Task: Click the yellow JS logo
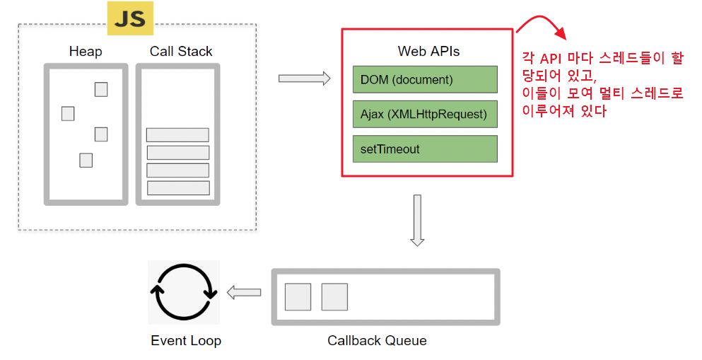click(130, 18)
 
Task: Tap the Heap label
click(86, 52)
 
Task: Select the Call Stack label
click(181, 52)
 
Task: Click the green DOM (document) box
click(425, 79)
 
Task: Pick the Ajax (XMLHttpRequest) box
click(425, 114)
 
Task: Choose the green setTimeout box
click(425, 149)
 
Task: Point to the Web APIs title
click(428, 52)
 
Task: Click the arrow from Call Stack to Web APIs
click(305, 78)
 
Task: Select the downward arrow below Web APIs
click(417, 220)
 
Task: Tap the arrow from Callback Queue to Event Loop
click(243, 292)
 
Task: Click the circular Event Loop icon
click(184, 292)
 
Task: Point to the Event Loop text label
click(186, 341)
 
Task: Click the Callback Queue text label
click(377, 341)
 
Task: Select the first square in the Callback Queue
click(298, 297)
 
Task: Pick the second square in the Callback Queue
click(334, 297)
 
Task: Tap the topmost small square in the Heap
click(101, 89)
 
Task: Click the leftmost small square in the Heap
click(68, 113)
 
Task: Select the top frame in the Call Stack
click(177, 135)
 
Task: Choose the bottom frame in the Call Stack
click(178, 188)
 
